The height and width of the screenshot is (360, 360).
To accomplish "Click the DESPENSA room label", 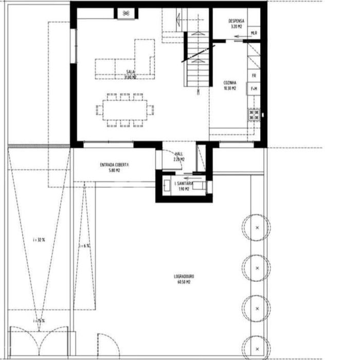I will pyautogui.click(x=237, y=23).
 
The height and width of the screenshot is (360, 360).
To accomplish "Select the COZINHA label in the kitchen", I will pyautogui.click(x=229, y=85).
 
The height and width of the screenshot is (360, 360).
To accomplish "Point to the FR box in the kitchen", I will pyautogui.click(x=254, y=75).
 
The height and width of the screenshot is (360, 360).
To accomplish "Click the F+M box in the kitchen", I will pyautogui.click(x=254, y=89).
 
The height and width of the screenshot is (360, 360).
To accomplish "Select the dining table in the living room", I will pyautogui.click(x=125, y=109).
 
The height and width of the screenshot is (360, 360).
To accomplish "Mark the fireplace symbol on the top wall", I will pyautogui.click(x=125, y=13).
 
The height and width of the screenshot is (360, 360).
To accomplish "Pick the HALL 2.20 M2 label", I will pyautogui.click(x=178, y=156).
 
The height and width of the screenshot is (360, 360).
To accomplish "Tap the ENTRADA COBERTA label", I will pyautogui.click(x=114, y=167).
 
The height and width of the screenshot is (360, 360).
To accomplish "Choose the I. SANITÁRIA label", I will pyautogui.click(x=184, y=186).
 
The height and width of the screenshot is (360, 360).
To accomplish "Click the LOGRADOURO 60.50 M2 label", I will pyautogui.click(x=184, y=279).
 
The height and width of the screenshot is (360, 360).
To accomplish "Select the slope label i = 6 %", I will pyautogui.click(x=84, y=246).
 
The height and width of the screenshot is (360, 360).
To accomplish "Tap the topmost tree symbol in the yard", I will pyautogui.click(x=257, y=226).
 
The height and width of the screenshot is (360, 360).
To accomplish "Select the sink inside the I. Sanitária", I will pyautogui.click(x=167, y=186).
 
